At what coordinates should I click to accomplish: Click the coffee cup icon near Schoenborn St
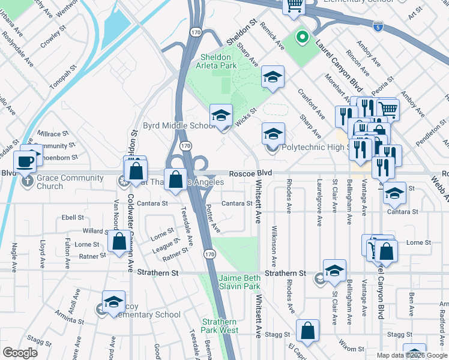25,161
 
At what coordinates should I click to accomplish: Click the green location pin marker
303,38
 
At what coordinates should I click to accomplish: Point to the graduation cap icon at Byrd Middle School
221,116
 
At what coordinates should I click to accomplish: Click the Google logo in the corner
20,353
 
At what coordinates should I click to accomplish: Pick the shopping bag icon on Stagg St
307,331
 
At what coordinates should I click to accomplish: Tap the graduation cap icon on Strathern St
334,270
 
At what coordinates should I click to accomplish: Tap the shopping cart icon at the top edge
294,5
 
